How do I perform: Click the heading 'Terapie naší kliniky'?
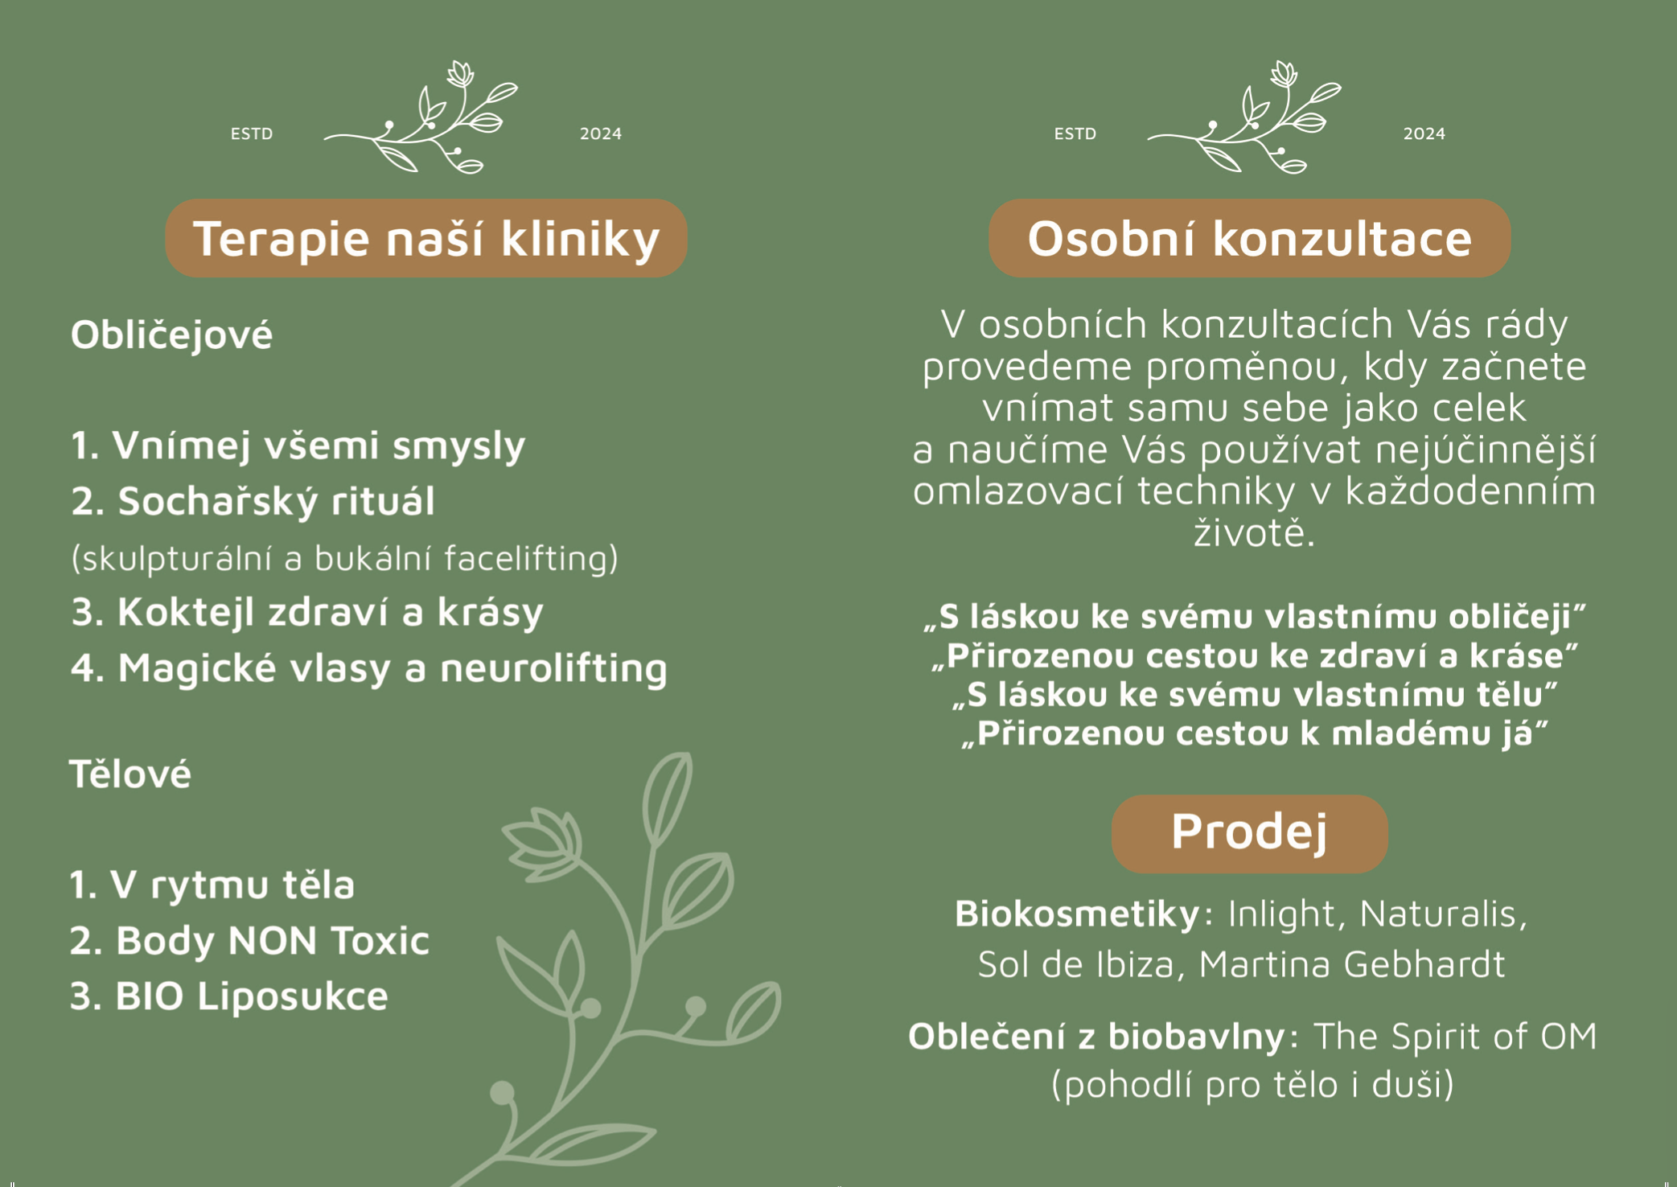(426, 239)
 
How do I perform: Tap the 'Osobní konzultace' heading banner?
(1250, 239)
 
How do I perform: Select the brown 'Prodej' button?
(1250, 834)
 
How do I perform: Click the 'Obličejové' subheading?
(171, 335)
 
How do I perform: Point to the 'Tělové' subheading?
(130, 774)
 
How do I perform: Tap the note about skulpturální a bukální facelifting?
(345, 558)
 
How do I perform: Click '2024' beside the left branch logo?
(601, 133)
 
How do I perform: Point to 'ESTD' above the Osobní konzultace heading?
(1075, 133)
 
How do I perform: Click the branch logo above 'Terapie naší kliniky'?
(421, 117)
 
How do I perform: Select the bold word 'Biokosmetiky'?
(1077, 914)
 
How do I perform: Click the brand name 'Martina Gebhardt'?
(1352, 964)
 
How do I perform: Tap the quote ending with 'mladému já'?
(1255, 733)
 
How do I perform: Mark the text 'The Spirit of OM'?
(1456, 1037)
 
